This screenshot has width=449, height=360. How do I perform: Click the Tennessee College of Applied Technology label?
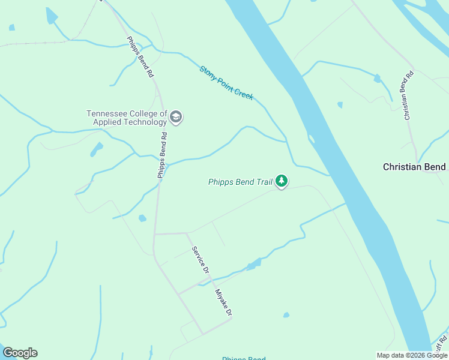[x=127, y=118]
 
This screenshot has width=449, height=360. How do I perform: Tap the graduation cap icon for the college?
[x=176, y=117]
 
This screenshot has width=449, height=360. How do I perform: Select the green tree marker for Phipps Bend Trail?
[x=281, y=181]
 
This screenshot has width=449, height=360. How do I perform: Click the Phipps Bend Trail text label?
[x=240, y=182]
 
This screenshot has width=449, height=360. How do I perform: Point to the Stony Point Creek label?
[x=226, y=83]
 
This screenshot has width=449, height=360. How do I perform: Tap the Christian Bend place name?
[x=414, y=167]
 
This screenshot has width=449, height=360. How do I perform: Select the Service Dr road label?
[x=200, y=260]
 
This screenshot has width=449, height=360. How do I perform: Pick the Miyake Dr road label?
[x=223, y=303]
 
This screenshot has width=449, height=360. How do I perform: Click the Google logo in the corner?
[x=20, y=353]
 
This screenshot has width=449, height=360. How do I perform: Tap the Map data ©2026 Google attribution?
[x=412, y=355]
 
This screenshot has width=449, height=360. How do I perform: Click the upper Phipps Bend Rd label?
[x=140, y=58]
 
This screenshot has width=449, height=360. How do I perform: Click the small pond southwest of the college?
[x=96, y=149]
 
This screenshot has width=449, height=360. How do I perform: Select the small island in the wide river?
[x=311, y=139]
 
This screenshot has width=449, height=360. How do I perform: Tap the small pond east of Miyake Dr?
[x=286, y=315]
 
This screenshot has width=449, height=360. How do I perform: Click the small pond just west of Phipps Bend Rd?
[x=142, y=218]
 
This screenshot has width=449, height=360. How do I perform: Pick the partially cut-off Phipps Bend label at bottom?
[x=243, y=358]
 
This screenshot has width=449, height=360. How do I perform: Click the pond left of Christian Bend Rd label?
[x=377, y=78]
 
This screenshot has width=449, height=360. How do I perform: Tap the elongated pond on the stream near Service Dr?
[x=253, y=264]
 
